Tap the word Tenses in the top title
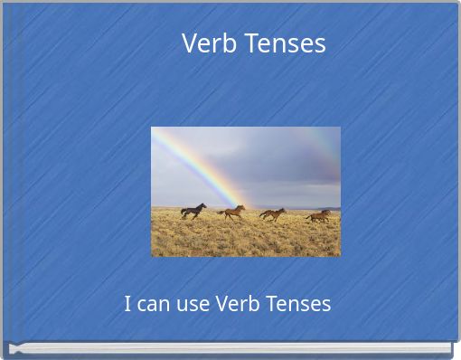click(284, 43)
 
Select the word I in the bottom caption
click(127, 304)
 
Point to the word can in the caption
click(155, 304)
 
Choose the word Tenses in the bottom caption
click(298, 304)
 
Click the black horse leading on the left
click(193, 211)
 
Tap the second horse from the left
click(231, 213)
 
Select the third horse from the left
click(272, 214)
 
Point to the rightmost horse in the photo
click(318, 215)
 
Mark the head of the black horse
click(203, 206)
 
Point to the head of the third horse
click(283, 211)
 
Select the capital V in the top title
click(190, 43)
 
